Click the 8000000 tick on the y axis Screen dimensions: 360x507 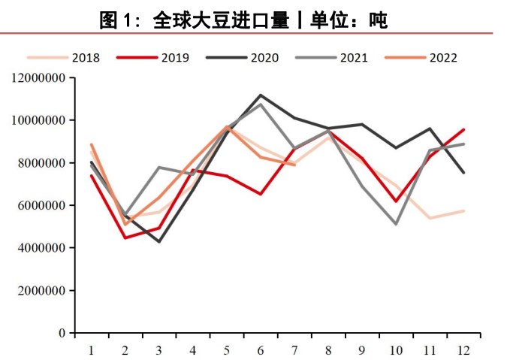tap(42, 163)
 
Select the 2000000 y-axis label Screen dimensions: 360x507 tap(42, 291)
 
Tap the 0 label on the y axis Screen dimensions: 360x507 tap(65, 333)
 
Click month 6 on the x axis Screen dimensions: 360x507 tap(261, 349)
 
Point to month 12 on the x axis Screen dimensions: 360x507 tap(463, 349)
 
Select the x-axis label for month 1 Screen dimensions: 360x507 tap(91, 349)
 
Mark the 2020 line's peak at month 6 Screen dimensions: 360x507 tap(261, 95)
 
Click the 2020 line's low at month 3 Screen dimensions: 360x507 tap(159, 241)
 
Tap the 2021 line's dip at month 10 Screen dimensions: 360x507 tap(396, 224)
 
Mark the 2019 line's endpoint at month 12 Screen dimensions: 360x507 tap(463, 129)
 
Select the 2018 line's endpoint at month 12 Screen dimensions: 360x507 tap(463, 210)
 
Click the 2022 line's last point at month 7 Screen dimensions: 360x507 tap(294, 165)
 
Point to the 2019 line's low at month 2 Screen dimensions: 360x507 tap(125, 237)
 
